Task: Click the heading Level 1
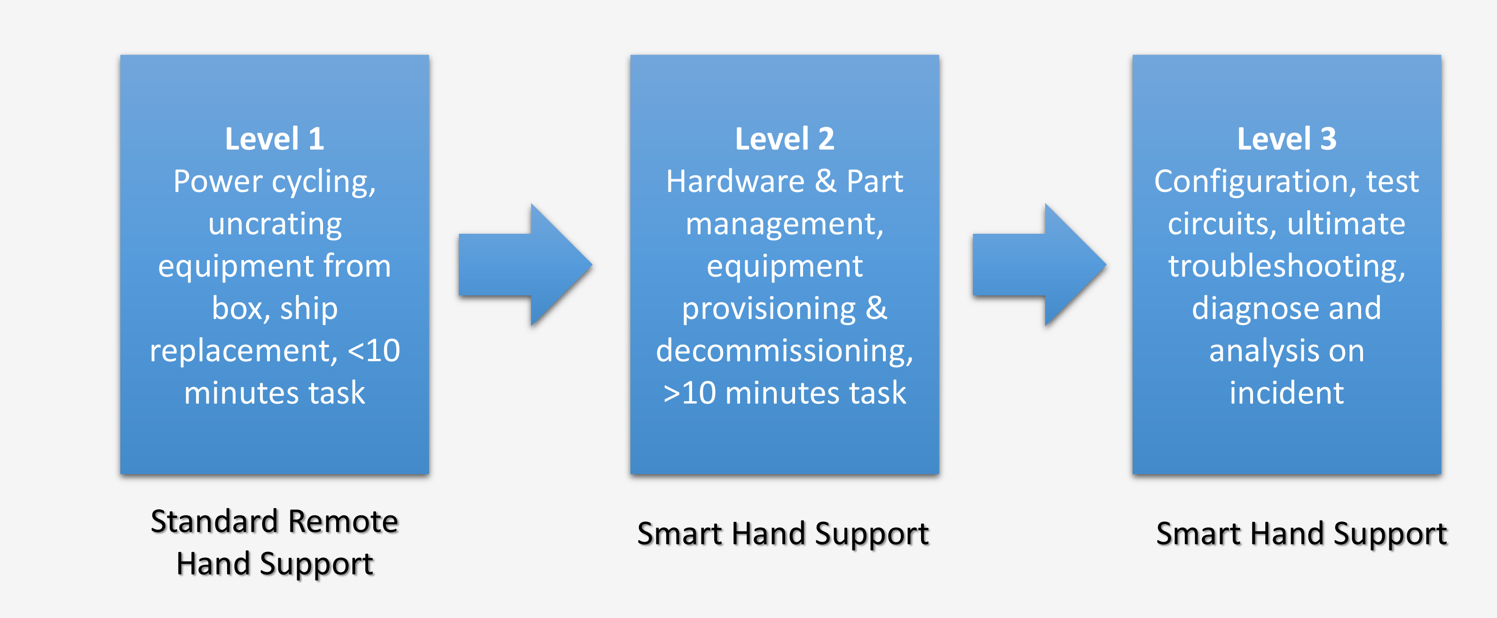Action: click(274, 139)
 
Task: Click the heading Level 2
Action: click(785, 139)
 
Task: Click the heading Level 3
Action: click(1287, 139)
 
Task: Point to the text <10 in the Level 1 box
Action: click(374, 350)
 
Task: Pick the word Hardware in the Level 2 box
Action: click(735, 182)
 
